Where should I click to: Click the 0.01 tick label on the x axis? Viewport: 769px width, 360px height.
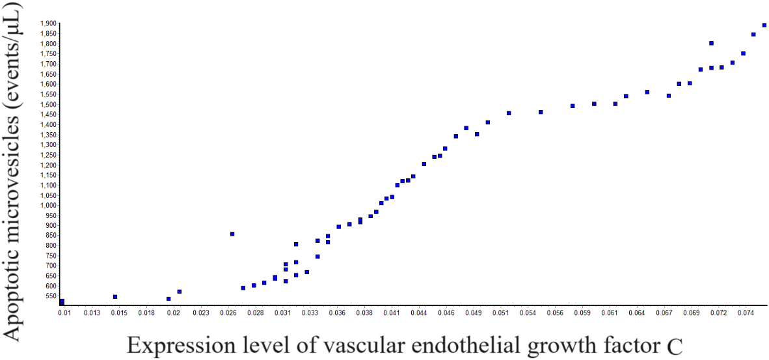[x=64, y=313]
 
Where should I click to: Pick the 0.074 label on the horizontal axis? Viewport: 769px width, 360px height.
[x=746, y=313]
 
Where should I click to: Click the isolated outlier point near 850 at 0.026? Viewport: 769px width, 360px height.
[x=232, y=234]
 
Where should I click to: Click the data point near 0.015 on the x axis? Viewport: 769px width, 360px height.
[x=115, y=297]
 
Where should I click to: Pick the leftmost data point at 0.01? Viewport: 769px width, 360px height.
[x=62, y=302]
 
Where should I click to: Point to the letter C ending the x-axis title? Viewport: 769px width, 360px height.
[x=674, y=346]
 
